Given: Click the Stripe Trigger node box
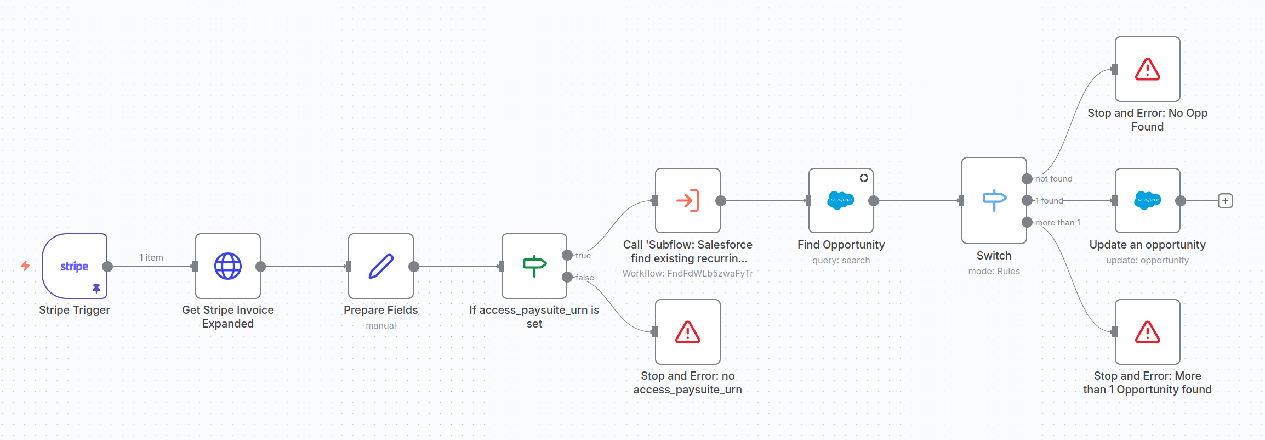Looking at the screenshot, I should pos(74,266).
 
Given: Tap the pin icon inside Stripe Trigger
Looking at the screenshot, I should pos(96,288).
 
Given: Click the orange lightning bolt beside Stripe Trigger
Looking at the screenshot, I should pos(25,266).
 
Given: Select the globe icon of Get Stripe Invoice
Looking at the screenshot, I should pos(228,266).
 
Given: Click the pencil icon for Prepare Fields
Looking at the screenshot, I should pos(381,266).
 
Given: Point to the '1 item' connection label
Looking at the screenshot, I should pos(151,257).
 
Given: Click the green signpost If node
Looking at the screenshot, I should pos(534,266).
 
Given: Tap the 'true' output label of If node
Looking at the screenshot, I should pos(583,256).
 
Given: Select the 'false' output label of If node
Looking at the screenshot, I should pos(584,278).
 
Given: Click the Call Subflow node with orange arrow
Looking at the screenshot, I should pos(688,200).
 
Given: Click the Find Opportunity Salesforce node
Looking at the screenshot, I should pos(841,200).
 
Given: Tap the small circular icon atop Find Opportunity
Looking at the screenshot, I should pos(864,178).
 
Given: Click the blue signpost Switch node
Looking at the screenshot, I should pos(994,200).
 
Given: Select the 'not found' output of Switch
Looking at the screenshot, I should pos(1053,179).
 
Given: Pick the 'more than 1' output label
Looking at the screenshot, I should pos(1057,223).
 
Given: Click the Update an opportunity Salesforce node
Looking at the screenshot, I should pos(1147,200).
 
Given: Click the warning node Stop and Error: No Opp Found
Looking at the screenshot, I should pos(1147,69).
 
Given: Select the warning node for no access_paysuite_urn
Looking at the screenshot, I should pos(688,332).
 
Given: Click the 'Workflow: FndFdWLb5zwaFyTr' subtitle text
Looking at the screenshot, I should pos(688,273).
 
